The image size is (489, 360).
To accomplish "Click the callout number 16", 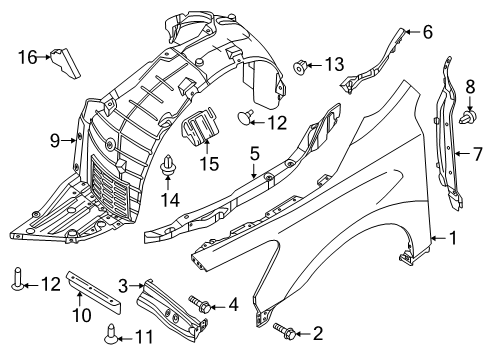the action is [27, 57].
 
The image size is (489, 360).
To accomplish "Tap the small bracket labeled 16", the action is [65, 63].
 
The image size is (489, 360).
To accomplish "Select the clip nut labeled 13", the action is [300, 67].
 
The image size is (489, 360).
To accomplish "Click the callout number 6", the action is [428, 32].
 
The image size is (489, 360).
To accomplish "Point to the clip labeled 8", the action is [468, 117].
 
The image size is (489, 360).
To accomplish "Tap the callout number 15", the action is [209, 164].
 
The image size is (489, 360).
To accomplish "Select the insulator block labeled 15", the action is [199, 126].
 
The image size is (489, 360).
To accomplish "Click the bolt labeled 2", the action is [284, 331].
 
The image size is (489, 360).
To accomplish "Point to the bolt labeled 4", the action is [200, 304].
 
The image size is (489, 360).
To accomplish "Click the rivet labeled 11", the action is [111, 334].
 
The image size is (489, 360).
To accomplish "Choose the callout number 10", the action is [82, 315].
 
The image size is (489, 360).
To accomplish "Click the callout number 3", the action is [123, 286].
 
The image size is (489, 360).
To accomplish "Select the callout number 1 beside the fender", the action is [453, 238].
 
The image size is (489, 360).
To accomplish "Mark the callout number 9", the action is [55, 141].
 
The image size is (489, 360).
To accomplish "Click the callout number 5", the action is [254, 154].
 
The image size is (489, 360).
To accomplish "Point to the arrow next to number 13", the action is [313, 65].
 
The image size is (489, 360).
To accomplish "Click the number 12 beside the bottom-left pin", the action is [51, 284].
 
